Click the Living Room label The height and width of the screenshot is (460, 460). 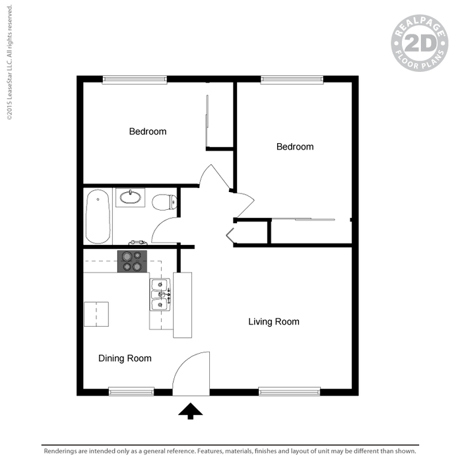pyautogui.click(x=274, y=321)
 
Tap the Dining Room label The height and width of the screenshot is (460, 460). pyautogui.click(x=125, y=358)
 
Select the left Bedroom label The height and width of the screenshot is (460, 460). pyautogui.click(x=148, y=131)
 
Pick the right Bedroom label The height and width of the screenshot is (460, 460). pyautogui.click(x=295, y=147)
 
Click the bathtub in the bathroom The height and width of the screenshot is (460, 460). pyautogui.click(x=98, y=216)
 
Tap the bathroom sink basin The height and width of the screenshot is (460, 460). pyautogui.click(x=130, y=197)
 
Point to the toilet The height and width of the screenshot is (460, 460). pyautogui.click(x=164, y=202)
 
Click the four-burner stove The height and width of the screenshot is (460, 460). pyautogui.click(x=132, y=261)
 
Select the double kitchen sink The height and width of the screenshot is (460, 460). pyautogui.click(x=160, y=294)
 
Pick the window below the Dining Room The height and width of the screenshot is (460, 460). pyautogui.click(x=131, y=391)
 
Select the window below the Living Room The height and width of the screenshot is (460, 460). pyautogui.click(x=289, y=391)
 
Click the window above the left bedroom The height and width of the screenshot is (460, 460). pyautogui.click(x=135, y=79)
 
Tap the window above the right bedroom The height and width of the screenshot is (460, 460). pyautogui.click(x=292, y=79)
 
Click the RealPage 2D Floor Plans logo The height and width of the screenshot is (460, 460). pyautogui.click(x=420, y=43)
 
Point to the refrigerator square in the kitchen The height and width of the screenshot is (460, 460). pyautogui.click(x=96, y=314)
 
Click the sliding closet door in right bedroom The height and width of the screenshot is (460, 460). pyautogui.click(x=303, y=219)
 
